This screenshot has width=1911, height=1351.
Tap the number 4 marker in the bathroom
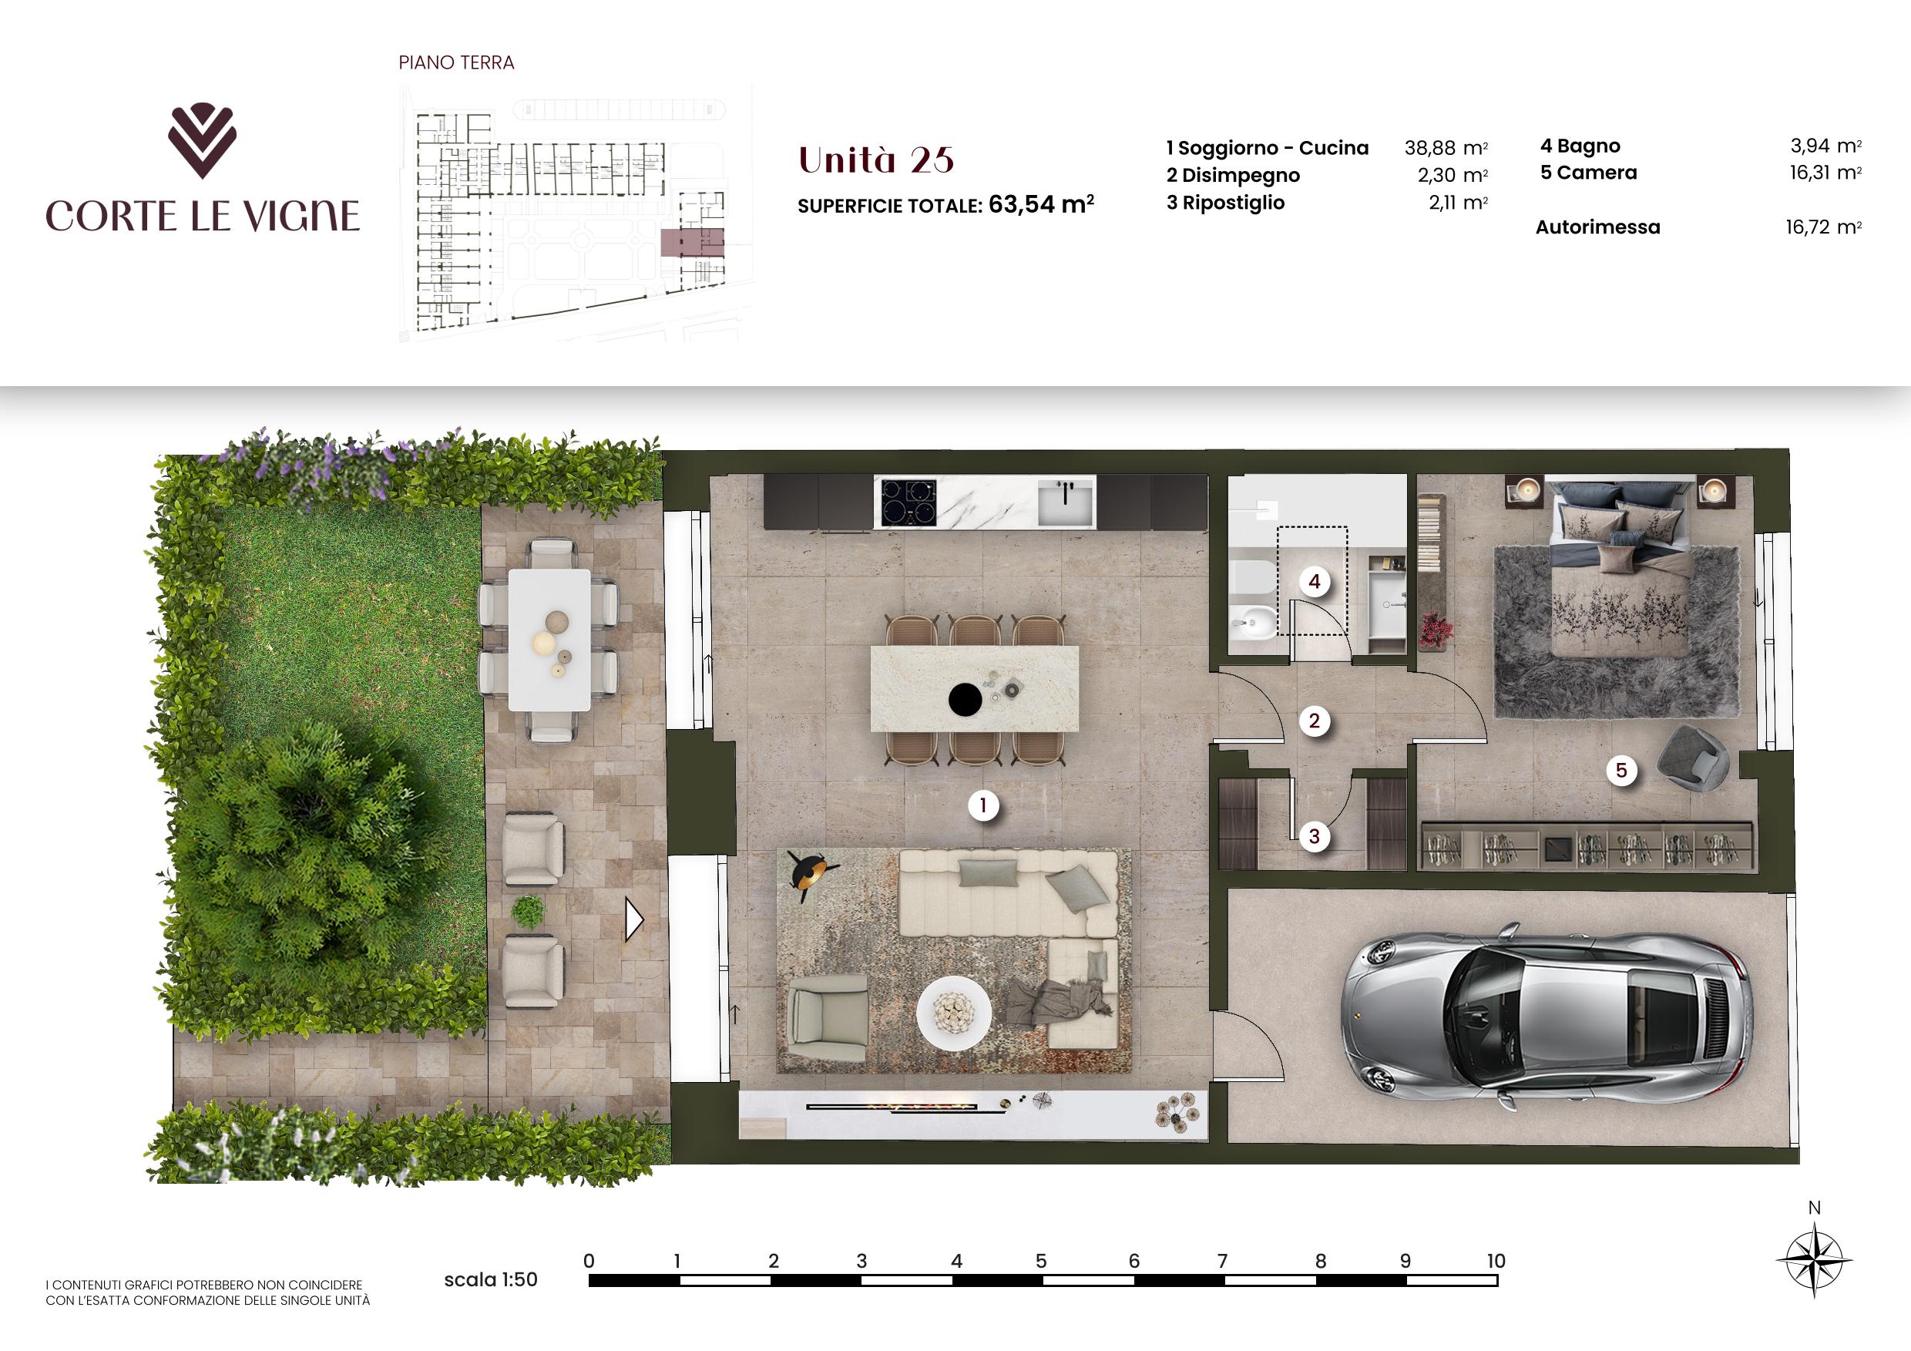coord(1315,582)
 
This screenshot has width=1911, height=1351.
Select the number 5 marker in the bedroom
coord(1620,770)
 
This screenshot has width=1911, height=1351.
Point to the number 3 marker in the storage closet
coord(1315,835)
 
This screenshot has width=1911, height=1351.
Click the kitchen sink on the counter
coord(1066,503)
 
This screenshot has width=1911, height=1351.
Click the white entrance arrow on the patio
coord(634,922)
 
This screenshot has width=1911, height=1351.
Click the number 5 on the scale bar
coord(1041,1261)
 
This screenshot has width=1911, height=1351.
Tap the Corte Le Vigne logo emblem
coord(202,142)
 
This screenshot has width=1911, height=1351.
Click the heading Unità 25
coord(875,160)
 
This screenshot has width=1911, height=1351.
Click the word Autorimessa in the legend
coord(1597,227)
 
